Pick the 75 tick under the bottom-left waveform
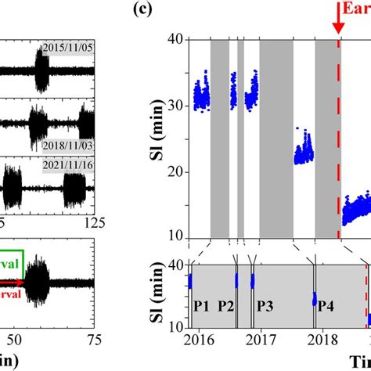pyautogui.click(x=93, y=339)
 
